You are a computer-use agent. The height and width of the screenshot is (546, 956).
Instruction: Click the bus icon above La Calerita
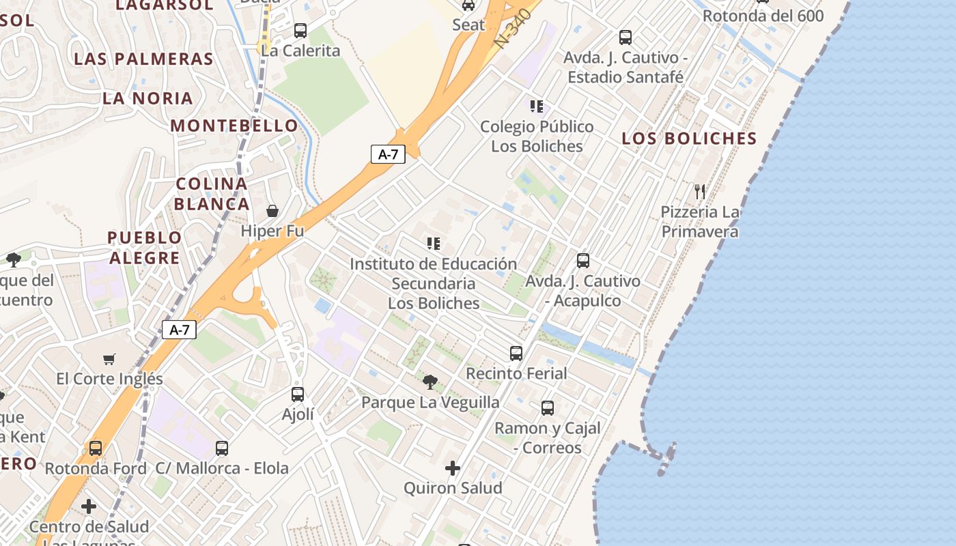(x=300, y=31)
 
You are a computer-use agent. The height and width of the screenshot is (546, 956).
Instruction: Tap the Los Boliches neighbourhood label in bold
(x=689, y=139)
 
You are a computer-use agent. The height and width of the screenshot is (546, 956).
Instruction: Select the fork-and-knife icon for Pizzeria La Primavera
(x=699, y=192)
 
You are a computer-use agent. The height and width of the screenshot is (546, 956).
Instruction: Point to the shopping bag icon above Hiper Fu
(x=272, y=211)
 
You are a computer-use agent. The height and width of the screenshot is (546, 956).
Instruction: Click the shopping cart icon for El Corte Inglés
(x=109, y=359)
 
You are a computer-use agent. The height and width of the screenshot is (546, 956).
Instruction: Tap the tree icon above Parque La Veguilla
(x=430, y=382)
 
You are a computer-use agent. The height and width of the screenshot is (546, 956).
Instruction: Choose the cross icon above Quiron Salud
(x=452, y=468)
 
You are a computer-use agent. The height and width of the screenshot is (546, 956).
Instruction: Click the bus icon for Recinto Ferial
(x=516, y=354)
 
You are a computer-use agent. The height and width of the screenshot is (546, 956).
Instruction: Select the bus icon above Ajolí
(x=298, y=394)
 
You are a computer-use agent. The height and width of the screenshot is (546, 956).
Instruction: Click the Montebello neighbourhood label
(x=234, y=126)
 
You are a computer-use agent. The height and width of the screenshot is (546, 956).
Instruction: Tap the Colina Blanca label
(x=212, y=194)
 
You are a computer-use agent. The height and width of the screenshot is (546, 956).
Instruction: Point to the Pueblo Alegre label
(x=145, y=248)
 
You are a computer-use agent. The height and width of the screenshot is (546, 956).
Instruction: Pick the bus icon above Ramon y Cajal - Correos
(x=548, y=408)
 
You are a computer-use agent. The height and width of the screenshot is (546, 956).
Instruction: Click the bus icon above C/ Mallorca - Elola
(x=222, y=448)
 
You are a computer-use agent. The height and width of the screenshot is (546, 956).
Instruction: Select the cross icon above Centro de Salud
(x=89, y=507)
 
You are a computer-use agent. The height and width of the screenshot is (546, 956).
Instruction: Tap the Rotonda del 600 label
(x=763, y=16)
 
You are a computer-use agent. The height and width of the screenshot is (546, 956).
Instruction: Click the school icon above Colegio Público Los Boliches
(x=537, y=106)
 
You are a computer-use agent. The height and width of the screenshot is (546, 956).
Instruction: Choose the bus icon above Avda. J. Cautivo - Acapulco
(x=583, y=261)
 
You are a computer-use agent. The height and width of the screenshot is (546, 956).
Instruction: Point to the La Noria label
(x=147, y=98)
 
